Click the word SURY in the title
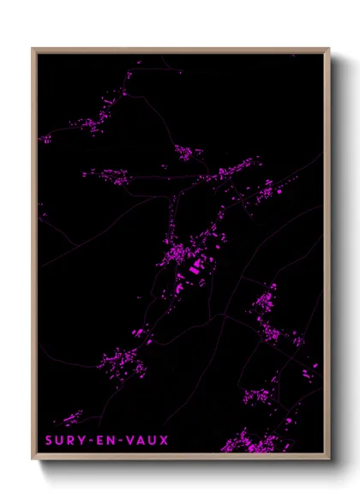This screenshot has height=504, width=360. coord(63,441)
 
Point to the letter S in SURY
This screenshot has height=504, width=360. coord(49,441)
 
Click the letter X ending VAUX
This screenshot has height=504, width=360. coord(164,441)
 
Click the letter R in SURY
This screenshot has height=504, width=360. coord(69,441)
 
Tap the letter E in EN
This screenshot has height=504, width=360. coord(98,441)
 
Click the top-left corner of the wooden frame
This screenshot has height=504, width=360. coord(33,49)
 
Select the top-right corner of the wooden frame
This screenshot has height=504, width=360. coord(329,49)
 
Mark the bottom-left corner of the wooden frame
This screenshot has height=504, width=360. coord(33,460)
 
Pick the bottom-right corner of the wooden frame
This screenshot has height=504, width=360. coord(329,460)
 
